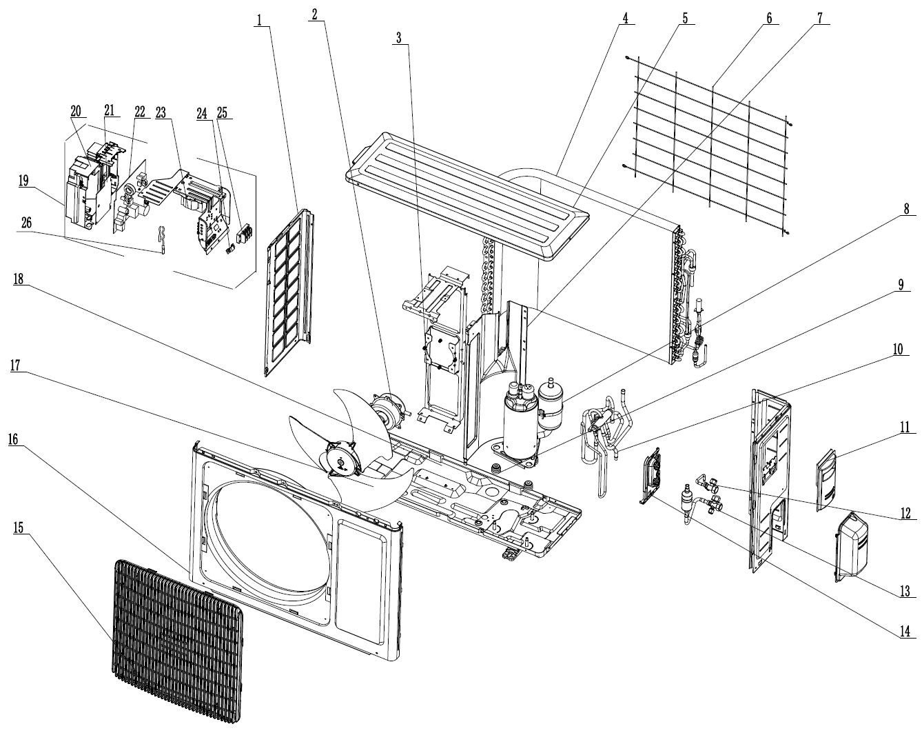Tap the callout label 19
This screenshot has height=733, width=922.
click(x=23, y=181)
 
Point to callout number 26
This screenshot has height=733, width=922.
click(x=26, y=223)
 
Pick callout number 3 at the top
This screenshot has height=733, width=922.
click(x=398, y=38)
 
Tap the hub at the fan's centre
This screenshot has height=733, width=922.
click(x=339, y=459)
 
